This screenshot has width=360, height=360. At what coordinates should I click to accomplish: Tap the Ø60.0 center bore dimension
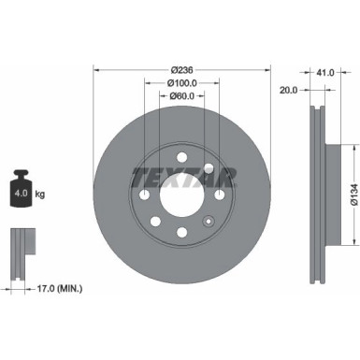point(183,95)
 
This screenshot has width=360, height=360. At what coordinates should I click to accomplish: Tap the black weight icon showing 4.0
point(21,192)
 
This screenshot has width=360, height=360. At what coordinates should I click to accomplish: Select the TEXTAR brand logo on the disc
point(183,175)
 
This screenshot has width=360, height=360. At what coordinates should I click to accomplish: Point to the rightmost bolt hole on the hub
point(220,194)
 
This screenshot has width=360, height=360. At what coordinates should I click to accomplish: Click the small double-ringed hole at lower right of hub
point(209,222)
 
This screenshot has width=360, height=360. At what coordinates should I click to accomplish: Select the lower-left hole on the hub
point(156,222)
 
